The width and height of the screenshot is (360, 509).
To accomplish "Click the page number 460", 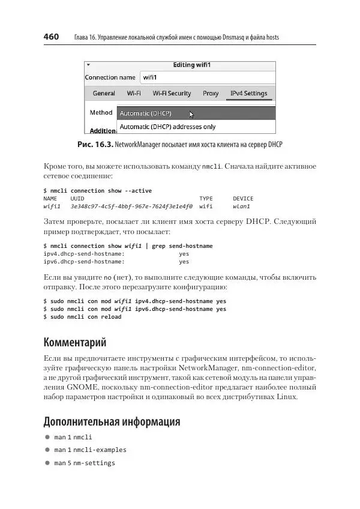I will [x=51, y=37].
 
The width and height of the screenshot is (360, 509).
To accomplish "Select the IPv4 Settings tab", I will [x=248, y=94].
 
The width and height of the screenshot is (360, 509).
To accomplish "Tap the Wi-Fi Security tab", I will [x=172, y=94].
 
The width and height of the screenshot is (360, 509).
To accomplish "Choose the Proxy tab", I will [x=211, y=94].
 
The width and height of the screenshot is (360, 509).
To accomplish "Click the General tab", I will [x=104, y=94].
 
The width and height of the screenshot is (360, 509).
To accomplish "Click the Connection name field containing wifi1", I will [x=208, y=77].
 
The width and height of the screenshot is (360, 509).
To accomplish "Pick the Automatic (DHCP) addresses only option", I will [x=167, y=127].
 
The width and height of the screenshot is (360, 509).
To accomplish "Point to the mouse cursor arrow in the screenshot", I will [x=192, y=114].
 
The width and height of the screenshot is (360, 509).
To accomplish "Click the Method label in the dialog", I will [x=101, y=112].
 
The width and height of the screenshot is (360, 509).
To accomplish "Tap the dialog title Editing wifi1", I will [x=192, y=65].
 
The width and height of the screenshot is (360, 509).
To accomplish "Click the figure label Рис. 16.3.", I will [x=95, y=145].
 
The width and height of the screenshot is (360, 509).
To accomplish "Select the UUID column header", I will [x=77, y=199].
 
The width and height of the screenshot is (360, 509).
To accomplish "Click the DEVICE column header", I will [x=243, y=199].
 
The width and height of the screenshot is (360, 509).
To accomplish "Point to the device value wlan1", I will [x=241, y=206].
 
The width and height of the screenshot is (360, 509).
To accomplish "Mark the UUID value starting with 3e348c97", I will [x=131, y=206].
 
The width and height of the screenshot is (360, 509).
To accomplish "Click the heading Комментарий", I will [x=75, y=343].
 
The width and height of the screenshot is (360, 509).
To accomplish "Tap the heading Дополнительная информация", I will [x=112, y=421].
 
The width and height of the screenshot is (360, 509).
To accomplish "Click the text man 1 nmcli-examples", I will [x=90, y=450].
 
